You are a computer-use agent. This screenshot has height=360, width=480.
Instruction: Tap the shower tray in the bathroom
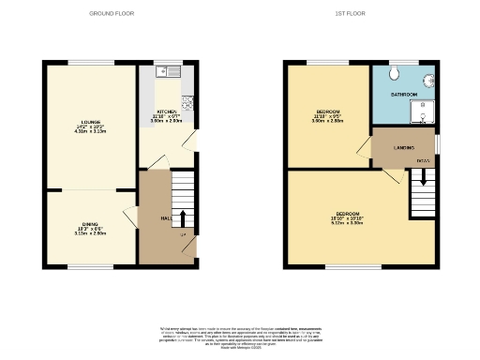click(x=424, y=112)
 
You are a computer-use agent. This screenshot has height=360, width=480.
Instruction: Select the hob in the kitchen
click(x=187, y=103)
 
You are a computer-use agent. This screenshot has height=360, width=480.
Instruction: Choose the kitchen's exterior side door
click(x=193, y=141)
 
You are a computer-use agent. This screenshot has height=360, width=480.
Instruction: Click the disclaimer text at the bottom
click(x=240, y=335)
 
